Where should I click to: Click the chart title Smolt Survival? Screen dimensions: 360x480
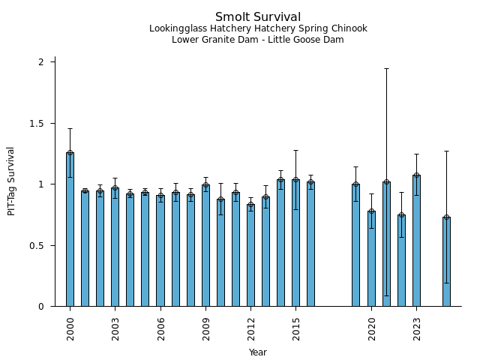coord(258,17)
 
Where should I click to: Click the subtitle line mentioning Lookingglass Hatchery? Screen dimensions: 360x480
coord(258,29)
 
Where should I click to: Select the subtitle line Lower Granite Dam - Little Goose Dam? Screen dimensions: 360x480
coord(258,40)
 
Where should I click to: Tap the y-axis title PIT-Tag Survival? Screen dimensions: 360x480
coord(11,181)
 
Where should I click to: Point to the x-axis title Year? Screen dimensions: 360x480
coord(258,352)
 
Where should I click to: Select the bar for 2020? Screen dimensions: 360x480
coord(371,259)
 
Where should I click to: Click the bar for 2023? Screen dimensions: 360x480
coord(416,240)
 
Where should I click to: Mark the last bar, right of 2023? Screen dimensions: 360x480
coord(446,262)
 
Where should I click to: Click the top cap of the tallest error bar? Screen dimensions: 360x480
coord(386,68)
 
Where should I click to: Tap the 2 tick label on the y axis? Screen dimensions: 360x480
coord(41,61)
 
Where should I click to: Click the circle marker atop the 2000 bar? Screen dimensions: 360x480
coord(70,153)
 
